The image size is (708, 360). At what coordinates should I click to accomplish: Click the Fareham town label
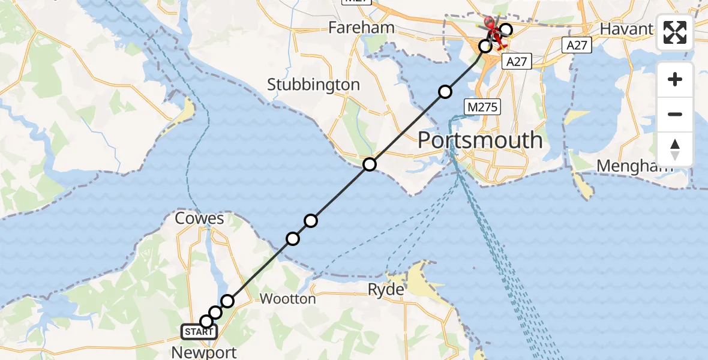361,28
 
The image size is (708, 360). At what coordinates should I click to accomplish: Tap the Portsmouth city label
479,140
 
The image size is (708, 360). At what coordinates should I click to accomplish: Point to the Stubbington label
313,85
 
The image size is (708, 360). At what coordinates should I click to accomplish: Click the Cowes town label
199,218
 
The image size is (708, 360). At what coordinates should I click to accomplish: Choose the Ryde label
386,290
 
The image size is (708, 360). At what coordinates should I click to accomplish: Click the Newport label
204,352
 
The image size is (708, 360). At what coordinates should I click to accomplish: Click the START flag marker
199,332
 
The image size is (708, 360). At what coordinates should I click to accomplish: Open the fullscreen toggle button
675,32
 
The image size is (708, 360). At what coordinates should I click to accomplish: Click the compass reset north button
675,149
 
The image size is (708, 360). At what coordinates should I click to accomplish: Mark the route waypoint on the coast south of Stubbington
370,164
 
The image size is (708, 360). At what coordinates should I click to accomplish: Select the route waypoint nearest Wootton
227,301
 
